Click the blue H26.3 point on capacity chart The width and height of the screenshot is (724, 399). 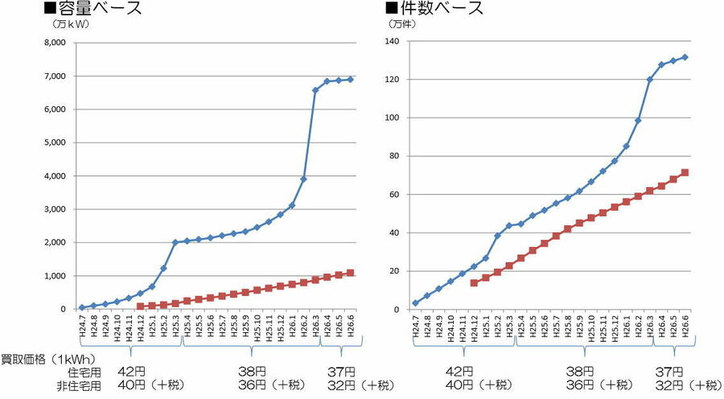coord(315,90)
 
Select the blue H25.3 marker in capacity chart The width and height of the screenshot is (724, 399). coord(175,242)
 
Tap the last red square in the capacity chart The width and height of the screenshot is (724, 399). coord(350,273)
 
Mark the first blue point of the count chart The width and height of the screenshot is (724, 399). coord(415,303)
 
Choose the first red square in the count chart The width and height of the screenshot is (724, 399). coord(474,283)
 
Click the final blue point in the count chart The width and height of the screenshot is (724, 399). coord(685,57)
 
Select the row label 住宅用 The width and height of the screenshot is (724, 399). coord(85,372)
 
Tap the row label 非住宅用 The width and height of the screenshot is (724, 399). coord(80,386)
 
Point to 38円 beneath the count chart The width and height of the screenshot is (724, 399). coord(579,372)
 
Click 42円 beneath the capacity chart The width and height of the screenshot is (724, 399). coord(131,372)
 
